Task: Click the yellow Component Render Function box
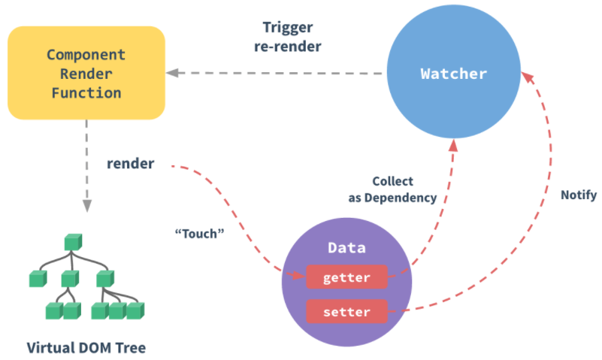pos(86,73)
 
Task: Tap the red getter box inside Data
pos(346,277)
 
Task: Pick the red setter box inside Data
pos(346,310)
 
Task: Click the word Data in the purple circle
pos(346,247)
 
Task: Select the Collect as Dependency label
pos(392,190)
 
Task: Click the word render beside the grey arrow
pos(131,163)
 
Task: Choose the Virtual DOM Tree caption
pos(86,347)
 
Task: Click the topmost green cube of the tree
pos(72,242)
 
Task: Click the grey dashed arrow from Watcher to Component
pos(278,73)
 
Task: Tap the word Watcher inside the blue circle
pos(453,74)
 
